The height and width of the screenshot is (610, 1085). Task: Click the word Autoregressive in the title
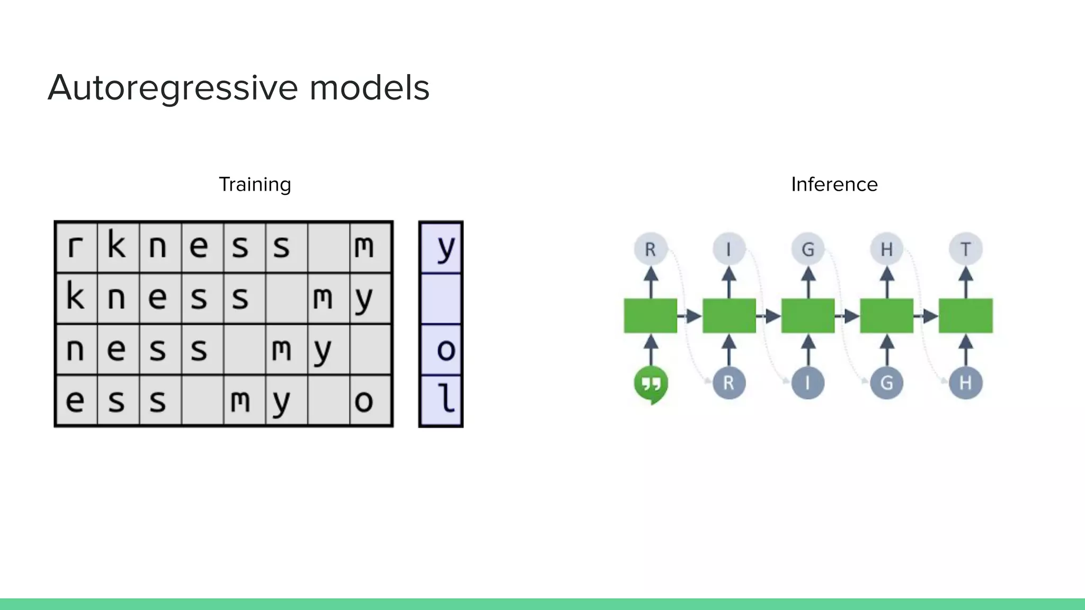[173, 88]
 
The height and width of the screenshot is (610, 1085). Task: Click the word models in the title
[369, 88]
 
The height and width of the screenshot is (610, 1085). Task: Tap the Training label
[255, 184]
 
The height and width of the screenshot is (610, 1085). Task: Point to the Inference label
[834, 184]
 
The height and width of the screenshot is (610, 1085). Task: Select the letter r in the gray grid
[76, 247]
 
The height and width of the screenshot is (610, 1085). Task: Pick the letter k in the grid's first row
[117, 246]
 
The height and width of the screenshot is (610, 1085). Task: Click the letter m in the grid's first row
[364, 247]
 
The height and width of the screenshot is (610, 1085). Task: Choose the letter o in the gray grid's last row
[364, 401]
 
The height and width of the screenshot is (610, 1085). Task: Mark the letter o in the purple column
[446, 350]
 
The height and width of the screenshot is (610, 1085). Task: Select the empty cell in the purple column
[441, 298]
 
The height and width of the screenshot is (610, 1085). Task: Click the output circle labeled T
[965, 249]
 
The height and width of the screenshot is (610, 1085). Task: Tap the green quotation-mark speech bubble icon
[651, 384]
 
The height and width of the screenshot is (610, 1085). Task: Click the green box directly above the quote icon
[651, 316]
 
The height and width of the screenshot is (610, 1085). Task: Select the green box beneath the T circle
[965, 316]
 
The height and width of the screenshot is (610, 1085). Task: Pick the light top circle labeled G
[807, 249]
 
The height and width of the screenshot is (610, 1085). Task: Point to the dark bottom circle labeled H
[965, 383]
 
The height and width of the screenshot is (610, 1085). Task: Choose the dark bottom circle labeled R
[729, 383]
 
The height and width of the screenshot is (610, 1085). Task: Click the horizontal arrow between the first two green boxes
[690, 317]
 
